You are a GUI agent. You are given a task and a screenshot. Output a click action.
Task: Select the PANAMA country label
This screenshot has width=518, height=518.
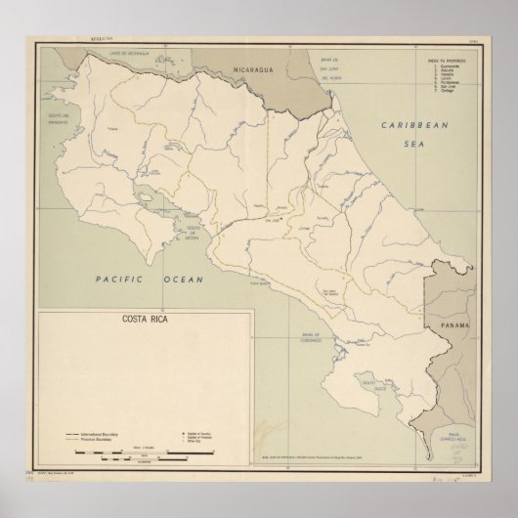coord(454,324)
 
